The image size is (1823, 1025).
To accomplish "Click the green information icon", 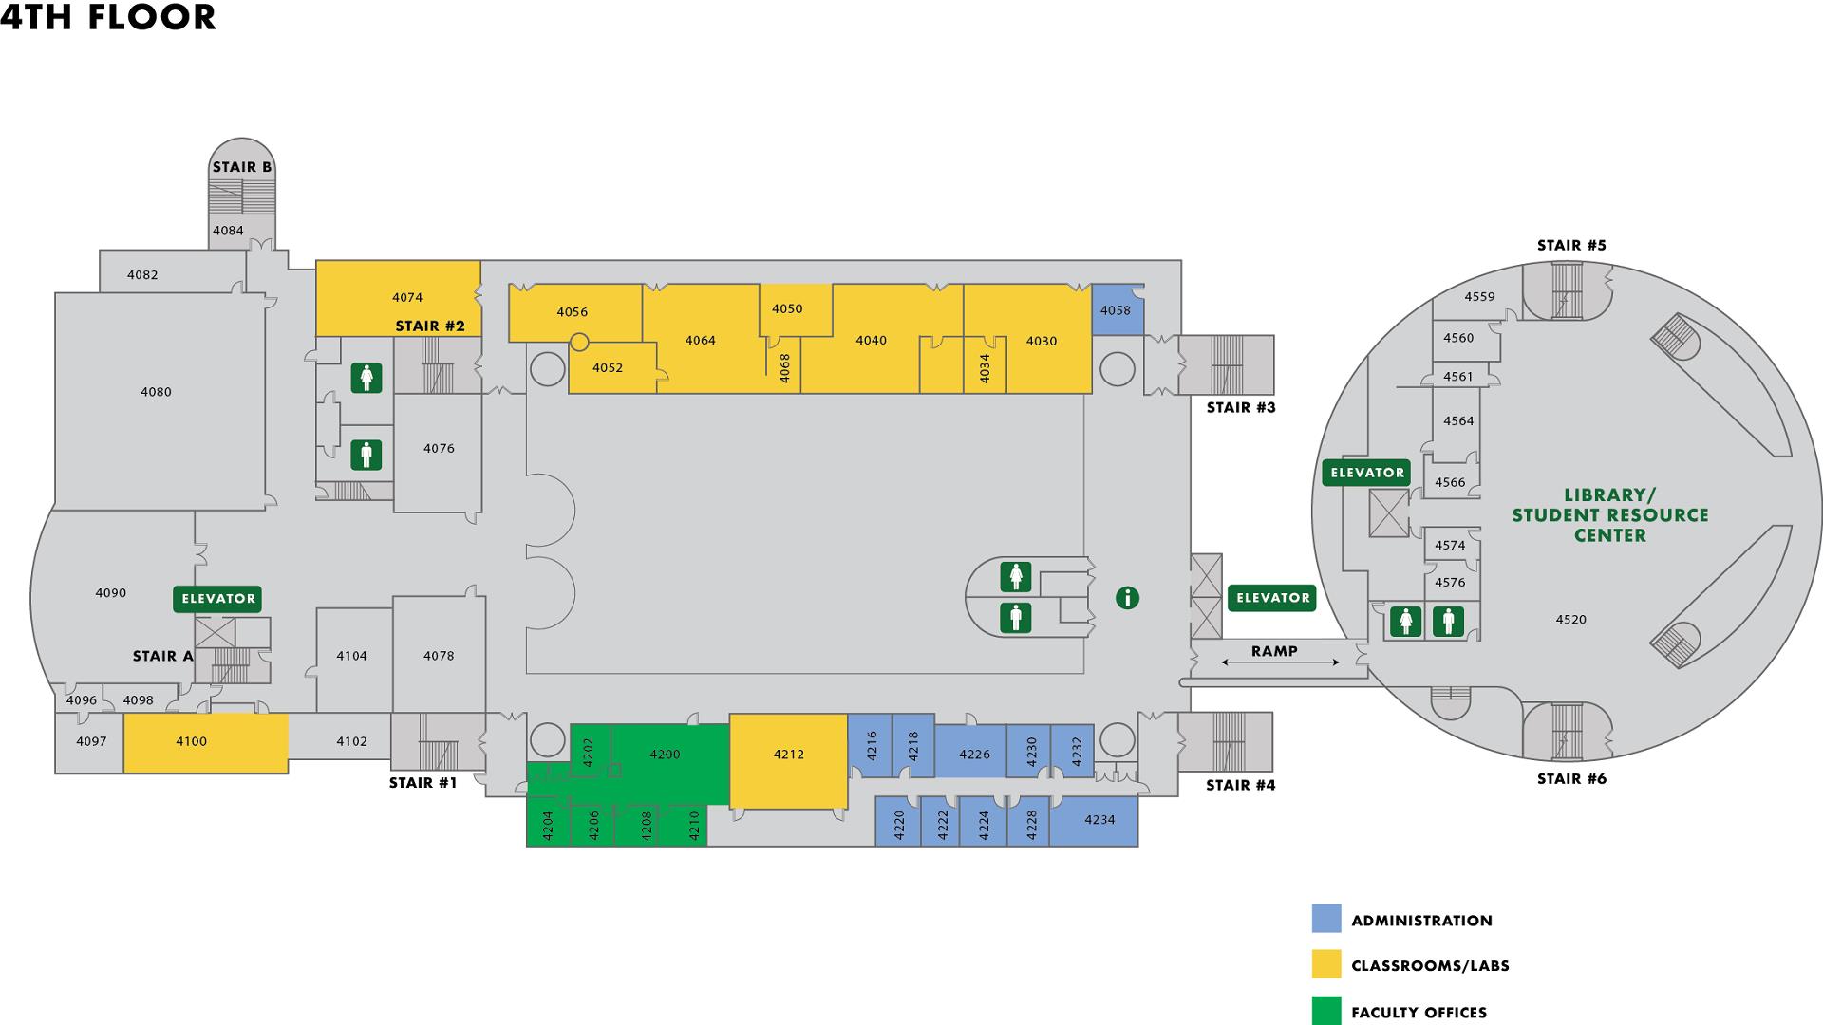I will (1127, 598).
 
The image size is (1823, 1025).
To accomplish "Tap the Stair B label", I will (242, 167).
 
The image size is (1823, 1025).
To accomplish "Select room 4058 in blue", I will (1116, 310).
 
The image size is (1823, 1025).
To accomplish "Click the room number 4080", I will (156, 392).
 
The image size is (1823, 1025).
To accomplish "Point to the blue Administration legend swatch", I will (1326, 919).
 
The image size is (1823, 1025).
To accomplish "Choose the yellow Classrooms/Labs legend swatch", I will (1326, 964).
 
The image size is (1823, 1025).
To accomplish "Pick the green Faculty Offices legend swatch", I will (1326, 1011).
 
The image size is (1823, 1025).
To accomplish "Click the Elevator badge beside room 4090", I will (217, 599).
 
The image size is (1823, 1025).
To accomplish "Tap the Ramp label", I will (1273, 651).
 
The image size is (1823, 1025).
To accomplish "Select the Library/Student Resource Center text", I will (1610, 515).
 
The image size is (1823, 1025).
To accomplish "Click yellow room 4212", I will (788, 755).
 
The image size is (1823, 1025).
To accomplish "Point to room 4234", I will (1099, 820).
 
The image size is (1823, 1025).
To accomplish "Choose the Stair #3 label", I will (1240, 408).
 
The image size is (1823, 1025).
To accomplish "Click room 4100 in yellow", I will (191, 742).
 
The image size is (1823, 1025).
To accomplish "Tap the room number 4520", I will (1570, 620).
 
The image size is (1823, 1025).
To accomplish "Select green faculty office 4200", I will (665, 755).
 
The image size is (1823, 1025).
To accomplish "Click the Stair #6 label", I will (1571, 779).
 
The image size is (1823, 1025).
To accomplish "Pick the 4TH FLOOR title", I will (108, 17).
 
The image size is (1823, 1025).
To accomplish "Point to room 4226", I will (974, 755).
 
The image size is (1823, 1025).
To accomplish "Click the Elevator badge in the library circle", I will (1366, 473).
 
